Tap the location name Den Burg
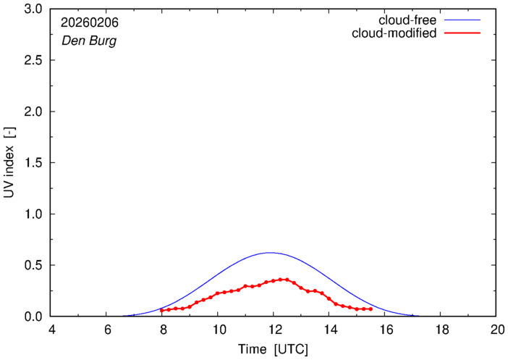tap(85, 41)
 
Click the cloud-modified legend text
tap(394, 33)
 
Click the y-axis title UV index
tap(9, 163)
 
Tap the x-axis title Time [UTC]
tap(273, 350)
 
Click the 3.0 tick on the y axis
tap(34, 9)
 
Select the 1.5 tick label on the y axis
tap(34, 163)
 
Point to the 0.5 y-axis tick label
tap(34, 266)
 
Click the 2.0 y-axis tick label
tap(34, 112)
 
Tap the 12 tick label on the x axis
tap(274, 330)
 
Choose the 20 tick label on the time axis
tap(496, 330)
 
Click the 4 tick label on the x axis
tap(51, 330)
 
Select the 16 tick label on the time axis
tap(385, 330)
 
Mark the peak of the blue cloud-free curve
tap(271, 253)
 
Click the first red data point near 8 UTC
tap(162, 310)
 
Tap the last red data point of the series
tap(371, 309)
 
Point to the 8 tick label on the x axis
tap(163, 330)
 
